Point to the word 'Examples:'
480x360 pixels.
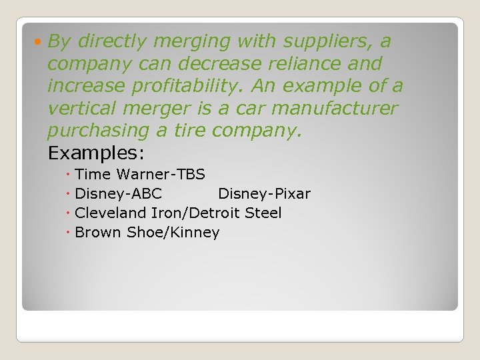click(x=96, y=153)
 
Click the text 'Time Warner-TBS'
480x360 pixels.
click(x=140, y=175)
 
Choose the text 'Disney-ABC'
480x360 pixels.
click(x=118, y=194)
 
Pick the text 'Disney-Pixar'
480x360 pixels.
click(x=264, y=194)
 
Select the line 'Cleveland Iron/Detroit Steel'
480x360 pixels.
click(x=178, y=213)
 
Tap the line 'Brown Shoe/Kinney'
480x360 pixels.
click(x=147, y=233)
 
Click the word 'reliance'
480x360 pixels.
click(x=308, y=64)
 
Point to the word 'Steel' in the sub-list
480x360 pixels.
click(x=263, y=213)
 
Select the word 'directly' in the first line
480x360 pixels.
click(x=111, y=41)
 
